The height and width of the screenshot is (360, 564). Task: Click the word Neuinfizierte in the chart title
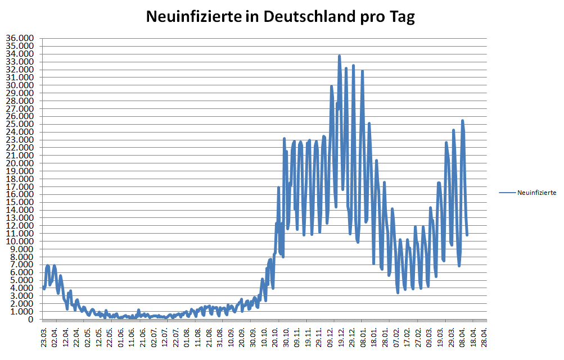coord(189,17)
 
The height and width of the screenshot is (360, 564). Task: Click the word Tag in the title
coord(401,17)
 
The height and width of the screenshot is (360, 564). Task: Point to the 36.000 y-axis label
coord(20,38)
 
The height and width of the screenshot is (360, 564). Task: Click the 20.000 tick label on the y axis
coord(20,163)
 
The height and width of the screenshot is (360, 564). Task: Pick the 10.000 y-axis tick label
coord(20,241)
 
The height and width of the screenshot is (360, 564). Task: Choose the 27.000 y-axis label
coord(20,108)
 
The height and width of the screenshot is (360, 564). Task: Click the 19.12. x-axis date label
coord(341,336)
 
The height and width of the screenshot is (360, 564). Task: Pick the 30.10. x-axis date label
coord(286,336)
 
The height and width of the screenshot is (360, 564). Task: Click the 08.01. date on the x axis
coord(363,336)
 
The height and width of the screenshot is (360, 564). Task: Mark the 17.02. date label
coord(407,336)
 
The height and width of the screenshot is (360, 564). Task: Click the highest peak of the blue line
coord(339,56)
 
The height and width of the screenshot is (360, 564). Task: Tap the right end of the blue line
coord(467,235)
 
